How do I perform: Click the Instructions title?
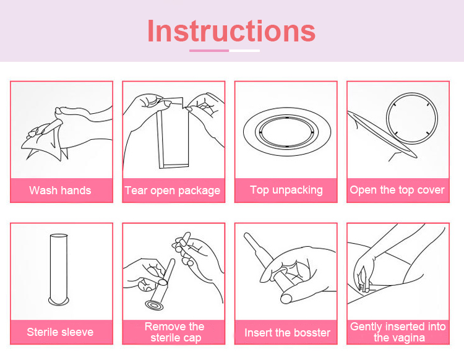pos(231,31)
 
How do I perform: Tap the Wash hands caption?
pos(60,190)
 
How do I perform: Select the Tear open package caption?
pos(173,191)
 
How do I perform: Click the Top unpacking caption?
pos(286,190)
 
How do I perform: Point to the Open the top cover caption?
pos(397,190)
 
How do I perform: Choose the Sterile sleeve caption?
pos(60,332)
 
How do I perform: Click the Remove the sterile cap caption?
pos(174,332)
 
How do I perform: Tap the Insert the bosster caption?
pos(287,333)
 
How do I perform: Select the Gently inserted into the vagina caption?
pos(398,332)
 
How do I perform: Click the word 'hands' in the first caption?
pos(77,190)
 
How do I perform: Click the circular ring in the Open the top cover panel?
pos(412,93)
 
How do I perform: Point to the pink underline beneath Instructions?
pos(209,51)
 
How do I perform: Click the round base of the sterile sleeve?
pos(59,302)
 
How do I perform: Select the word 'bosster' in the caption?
pos(313,333)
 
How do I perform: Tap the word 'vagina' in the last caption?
pos(410,338)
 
